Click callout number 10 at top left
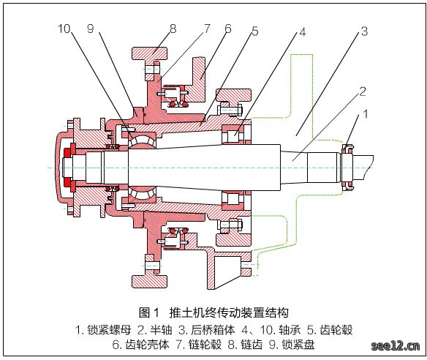64,29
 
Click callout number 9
91,29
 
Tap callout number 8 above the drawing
173,29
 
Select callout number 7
207,29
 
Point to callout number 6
228,29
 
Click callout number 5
255,31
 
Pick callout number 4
303,32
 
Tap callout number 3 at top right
365,31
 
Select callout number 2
363,91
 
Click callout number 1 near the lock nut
366,114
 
